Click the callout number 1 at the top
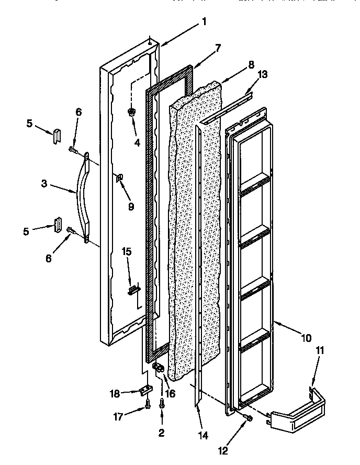[x=204, y=21]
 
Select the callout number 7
[x=218, y=48]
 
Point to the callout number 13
[x=263, y=74]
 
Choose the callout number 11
[x=320, y=350]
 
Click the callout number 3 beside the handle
[x=44, y=184]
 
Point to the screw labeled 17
[x=148, y=404]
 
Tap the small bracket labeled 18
[x=145, y=390]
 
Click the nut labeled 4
[x=131, y=112]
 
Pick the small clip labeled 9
[x=119, y=179]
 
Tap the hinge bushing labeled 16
[x=159, y=370]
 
